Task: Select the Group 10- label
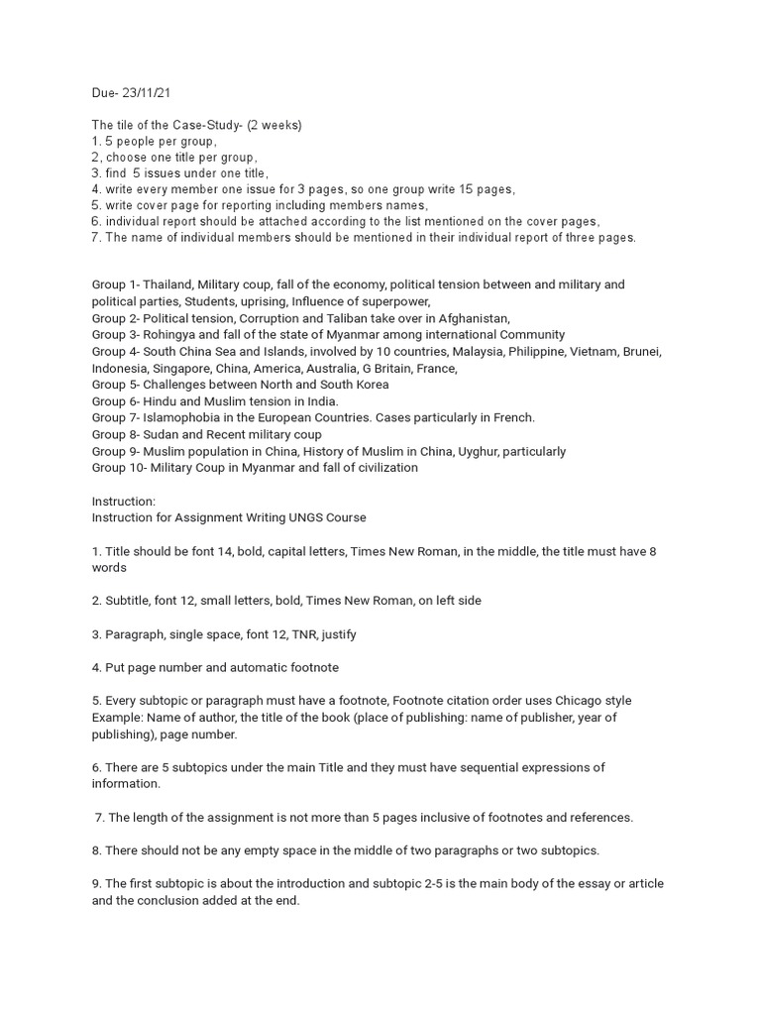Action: pyautogui.click(x=117, y=468)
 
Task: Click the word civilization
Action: pyautogui.click(x=381, y=468)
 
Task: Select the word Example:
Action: pyautogui.click(x=118, y=717)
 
